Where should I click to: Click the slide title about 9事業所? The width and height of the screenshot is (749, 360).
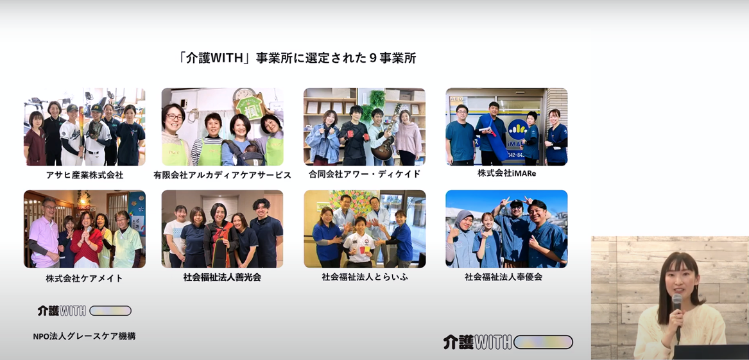[297, 58]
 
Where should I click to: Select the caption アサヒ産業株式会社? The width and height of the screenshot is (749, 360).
[85, 175]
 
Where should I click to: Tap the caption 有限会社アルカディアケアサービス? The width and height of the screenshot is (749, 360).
[222, 175]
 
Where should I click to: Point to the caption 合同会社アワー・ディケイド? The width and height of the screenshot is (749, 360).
[365, 175]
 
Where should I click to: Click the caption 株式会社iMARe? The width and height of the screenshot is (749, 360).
[506, 173]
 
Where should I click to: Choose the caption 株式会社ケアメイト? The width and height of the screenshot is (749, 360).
[85, 278]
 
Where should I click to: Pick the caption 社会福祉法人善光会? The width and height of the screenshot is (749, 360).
[222, 277]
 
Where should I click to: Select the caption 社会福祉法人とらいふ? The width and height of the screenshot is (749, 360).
[365, 277]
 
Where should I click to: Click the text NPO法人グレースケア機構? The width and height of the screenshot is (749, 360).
[85, 336]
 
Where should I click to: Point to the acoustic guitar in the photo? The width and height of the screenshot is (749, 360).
[386, 139]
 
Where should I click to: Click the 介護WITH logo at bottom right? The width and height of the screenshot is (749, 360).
[508, 342]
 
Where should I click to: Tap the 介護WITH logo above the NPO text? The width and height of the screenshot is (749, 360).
[84, 311]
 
